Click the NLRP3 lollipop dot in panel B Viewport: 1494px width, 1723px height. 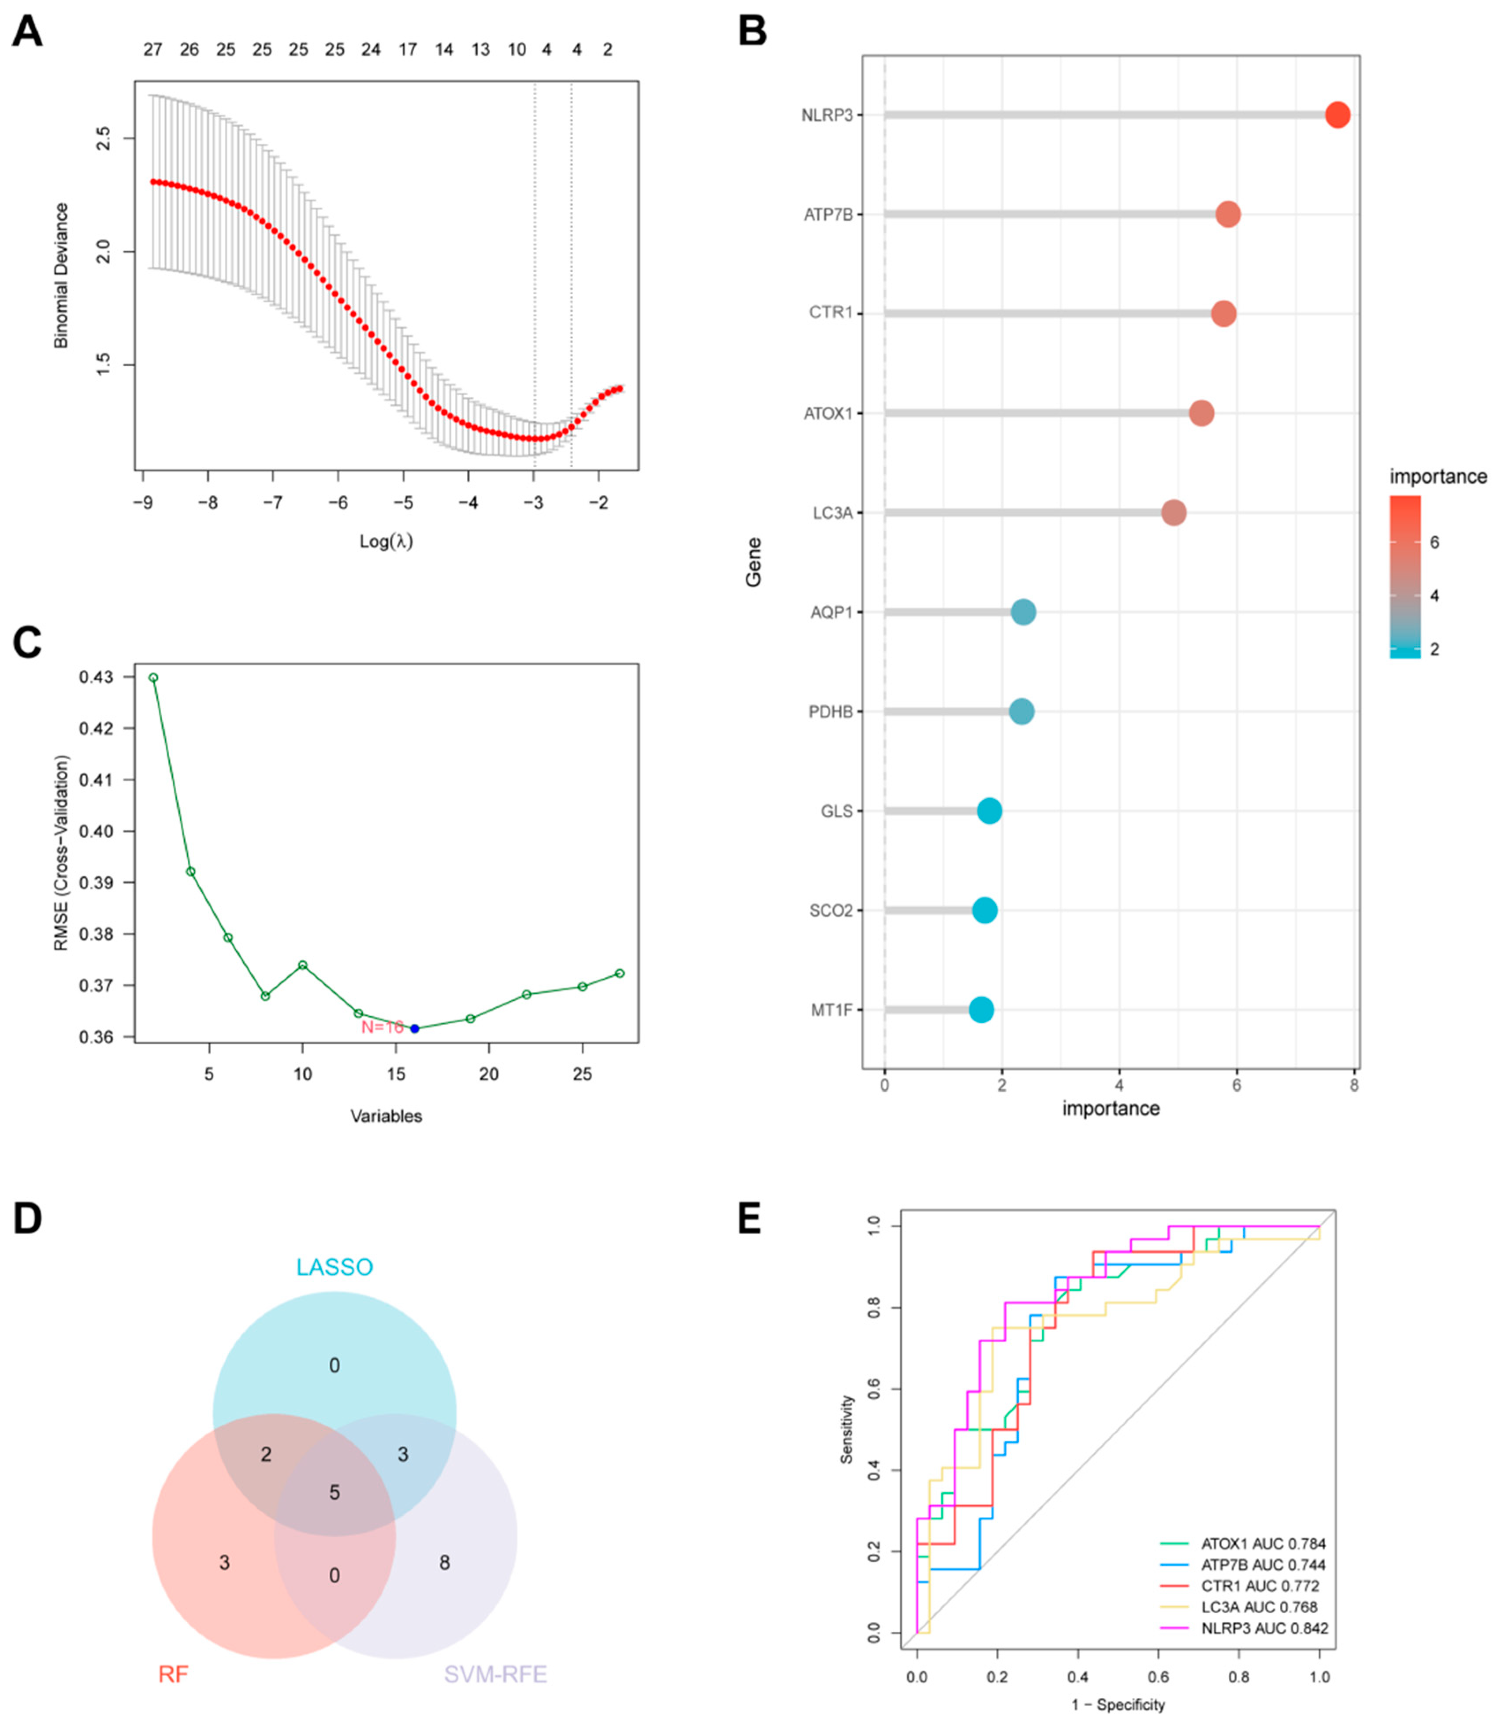tap(1337, 115)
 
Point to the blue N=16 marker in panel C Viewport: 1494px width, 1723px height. tap(414, 1029)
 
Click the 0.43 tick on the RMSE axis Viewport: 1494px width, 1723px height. tap(97, 678)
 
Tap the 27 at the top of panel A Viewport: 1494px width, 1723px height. tap(152, 50)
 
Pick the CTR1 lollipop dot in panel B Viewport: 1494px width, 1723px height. tap(1223, 314)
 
